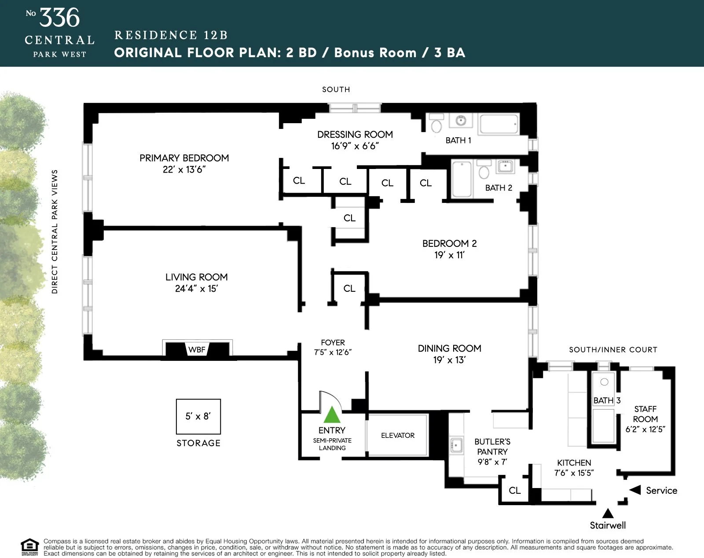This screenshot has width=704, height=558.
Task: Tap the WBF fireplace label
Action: (x=197, y=350)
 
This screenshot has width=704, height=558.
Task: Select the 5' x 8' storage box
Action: (x=198, y=416)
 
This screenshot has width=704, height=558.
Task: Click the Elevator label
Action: (x=398, y=435)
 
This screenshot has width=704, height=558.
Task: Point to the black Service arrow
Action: (x=635, y=490)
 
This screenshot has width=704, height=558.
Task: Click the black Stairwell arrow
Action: (x=608, y=513)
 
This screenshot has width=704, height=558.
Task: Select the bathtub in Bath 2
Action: (x=462, y=180)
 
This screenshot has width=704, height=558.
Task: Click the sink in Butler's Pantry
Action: (x=456, y=445)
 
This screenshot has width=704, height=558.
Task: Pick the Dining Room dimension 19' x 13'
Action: (x=449, y=360)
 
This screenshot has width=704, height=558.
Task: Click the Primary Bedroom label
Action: (x=184, y=158)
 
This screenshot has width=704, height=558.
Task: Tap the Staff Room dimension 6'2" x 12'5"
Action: (x=645, y=430)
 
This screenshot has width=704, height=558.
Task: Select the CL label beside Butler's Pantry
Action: (x=514, y=490)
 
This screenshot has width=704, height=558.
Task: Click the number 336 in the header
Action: (x=59, y=18)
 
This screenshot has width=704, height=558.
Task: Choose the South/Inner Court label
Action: (x=613, y=350)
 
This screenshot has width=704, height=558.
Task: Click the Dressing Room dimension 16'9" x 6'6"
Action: (x=355, y=146)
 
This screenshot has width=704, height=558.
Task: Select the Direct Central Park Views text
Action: (x=55, y=231)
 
